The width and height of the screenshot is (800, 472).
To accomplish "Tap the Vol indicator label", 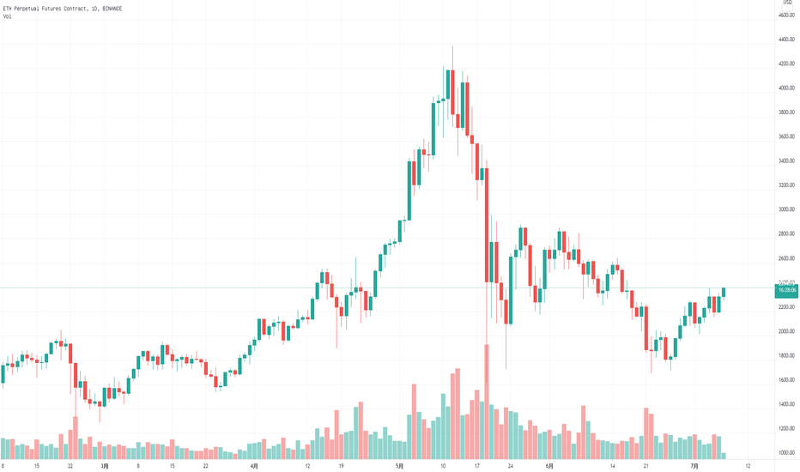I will [x=7, y=16].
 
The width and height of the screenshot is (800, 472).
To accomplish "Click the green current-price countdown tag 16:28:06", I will [x=786, y=291].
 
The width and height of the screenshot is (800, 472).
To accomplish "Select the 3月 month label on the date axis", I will [x=104, y=466].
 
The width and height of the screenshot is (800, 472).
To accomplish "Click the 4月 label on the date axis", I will [x=255, y=466].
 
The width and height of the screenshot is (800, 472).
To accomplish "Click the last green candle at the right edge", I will [x=724, y=292].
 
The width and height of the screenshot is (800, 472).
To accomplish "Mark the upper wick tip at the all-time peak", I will [x=452, y=46].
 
